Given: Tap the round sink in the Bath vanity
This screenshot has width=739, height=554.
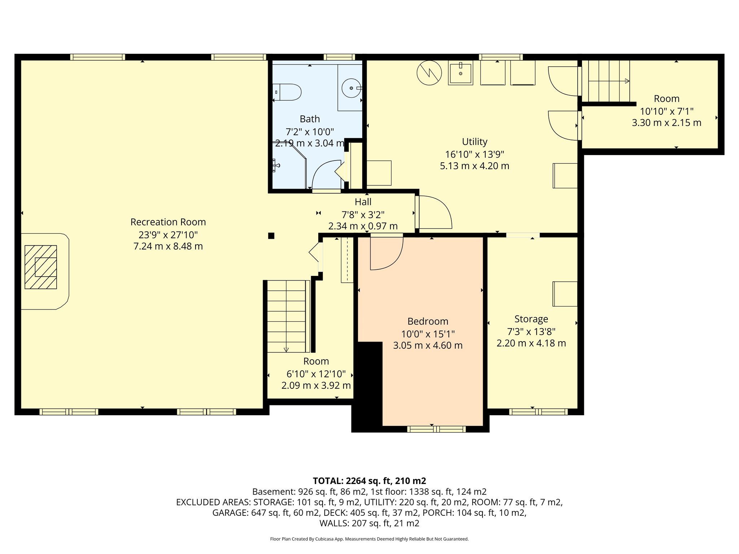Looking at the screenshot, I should (351, 88).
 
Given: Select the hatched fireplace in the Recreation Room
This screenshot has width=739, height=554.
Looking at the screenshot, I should (41, 267).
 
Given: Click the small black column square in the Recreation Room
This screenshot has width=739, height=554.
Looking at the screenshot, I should (271, 236).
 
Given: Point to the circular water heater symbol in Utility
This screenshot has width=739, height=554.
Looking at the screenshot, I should (429, 73).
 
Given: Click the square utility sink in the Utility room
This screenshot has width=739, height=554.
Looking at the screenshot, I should (460, 73).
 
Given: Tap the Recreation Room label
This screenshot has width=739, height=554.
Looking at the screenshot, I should (168, 222).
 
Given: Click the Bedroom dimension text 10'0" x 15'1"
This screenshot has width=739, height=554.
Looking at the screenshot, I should (428, 334).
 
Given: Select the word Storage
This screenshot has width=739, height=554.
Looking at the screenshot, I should (531, 319).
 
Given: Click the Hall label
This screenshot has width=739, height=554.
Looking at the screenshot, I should (363, 202).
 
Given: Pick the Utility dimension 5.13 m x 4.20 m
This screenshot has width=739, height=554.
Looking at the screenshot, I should (475, 166).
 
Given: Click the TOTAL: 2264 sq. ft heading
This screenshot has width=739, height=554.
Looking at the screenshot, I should (369, 481).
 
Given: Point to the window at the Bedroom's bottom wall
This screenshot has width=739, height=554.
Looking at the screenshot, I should (437, 429).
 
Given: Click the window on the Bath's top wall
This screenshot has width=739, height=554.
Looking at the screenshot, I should (339, 57).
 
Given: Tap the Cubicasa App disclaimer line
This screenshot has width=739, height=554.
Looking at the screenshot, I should (369, 539).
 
